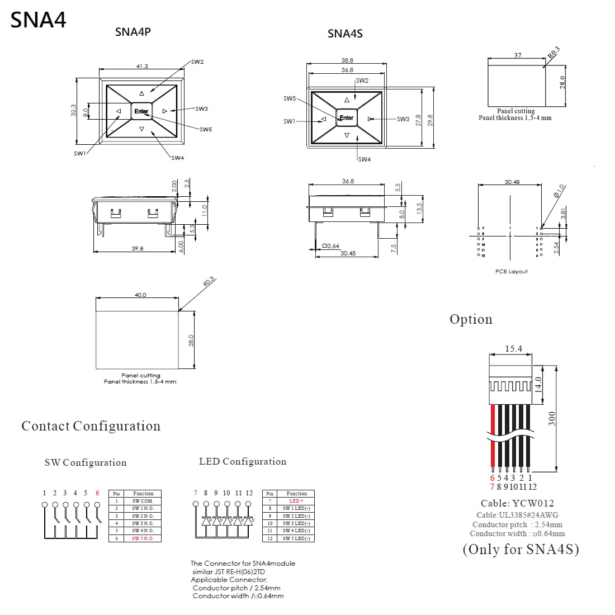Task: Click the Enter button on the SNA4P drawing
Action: click(x=141, y=111)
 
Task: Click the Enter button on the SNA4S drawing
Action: click(x=347, y=117)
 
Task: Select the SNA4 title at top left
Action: click(x=39, y=20)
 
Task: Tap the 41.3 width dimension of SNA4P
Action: click(x=142, y=67)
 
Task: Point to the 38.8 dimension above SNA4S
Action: click(x=347, y=60)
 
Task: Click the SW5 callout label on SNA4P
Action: click(x=206, y=129)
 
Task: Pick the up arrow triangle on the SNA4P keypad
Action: click(x=141, y=93)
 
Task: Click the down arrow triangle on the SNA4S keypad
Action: click(x=347, y=136)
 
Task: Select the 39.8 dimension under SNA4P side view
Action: click(x=138, y=248)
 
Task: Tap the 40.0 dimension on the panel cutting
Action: click(x=140, y=295)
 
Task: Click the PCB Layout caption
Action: click(x=511, y=271)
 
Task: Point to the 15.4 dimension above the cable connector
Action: click(x=513, y=349)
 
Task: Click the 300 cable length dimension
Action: click(x=552, y=418)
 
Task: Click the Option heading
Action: click(x=471, y=319)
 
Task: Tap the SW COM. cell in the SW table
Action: click(x=143, y=501)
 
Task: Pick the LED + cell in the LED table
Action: click(x=296, y=501)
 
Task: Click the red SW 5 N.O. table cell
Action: click(x=143, y=538)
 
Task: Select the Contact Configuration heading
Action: click(x=91, y=426)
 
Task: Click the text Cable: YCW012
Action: click(x=517, y=503)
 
